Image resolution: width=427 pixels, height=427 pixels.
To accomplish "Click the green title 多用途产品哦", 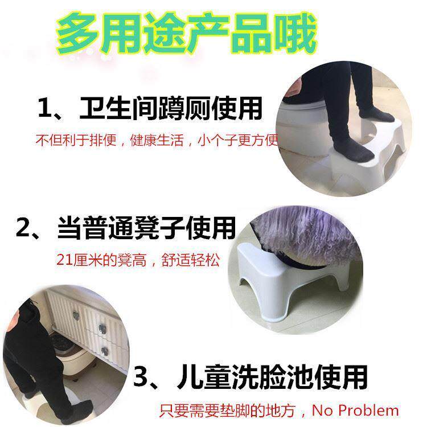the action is coord(187,34).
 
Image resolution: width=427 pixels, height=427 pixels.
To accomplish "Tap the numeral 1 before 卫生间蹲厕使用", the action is coord(44,108).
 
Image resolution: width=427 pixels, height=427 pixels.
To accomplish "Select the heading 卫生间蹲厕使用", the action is coord(171,108).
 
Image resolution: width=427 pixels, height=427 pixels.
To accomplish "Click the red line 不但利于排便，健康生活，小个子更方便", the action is coord(157,140).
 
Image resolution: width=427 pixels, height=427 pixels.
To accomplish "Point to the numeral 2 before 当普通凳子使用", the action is coord(23,227).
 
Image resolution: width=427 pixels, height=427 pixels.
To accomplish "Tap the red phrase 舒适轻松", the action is coord(190,260).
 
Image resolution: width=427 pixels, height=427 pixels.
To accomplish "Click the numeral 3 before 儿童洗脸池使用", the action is coord(142,376).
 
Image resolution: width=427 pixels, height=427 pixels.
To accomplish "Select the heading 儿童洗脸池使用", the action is coord(272,377).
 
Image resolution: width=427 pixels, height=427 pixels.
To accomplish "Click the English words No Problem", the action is coord(355,410).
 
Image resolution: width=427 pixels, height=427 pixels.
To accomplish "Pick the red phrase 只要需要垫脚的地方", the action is coord(227,410).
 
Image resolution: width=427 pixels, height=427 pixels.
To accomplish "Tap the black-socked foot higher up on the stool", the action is coord(376,114).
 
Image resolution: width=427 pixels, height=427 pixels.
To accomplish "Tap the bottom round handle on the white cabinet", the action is coord(104,351).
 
